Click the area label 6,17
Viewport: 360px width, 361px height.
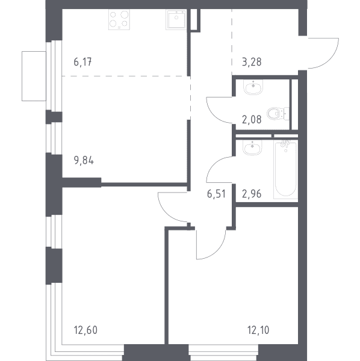coord(82,62)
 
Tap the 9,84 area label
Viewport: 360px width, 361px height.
coord(84,161)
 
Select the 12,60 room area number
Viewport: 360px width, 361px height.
coord(85,330)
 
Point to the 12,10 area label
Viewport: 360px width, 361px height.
coord(258,330)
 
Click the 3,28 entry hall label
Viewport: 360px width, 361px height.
coord(252,62)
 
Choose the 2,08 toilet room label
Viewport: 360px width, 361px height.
coord(252,120)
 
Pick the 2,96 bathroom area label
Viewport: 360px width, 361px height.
coord(252,194)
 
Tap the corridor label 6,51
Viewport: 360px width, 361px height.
coord(216,194)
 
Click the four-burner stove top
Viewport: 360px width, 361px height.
coord(119,20)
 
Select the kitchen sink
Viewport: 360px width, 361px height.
coord(176,20)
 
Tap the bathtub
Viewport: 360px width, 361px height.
coord(285,169)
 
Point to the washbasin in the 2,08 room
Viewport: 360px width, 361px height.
coord(253,87)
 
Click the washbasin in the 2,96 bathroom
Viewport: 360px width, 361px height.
coord(252,147)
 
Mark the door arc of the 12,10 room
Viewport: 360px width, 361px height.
coord(219,251)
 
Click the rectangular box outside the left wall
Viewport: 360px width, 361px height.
coord(34,76)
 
